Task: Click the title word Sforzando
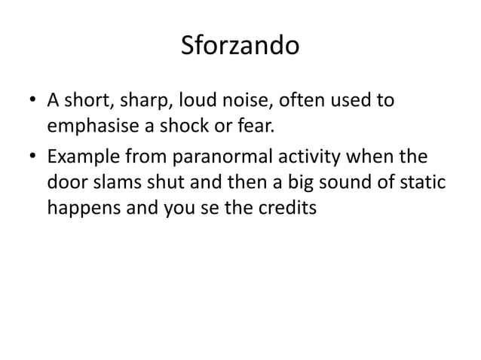pos(240,47)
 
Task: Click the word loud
pos(198,100)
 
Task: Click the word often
pos(302,100)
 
